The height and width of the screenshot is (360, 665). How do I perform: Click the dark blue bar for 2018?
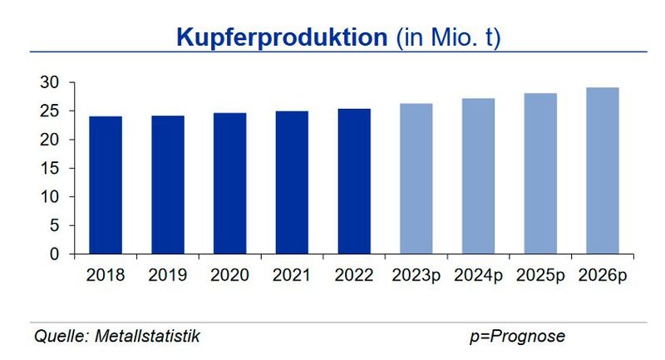point(106,185)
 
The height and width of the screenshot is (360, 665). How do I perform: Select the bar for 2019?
point(168,185)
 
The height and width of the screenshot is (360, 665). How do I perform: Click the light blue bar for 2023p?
point(416,179)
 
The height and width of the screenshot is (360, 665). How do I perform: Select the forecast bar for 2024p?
point(478,176)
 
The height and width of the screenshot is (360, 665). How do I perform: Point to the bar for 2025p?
point(540,173)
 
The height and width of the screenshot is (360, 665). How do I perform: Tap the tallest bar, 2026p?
point(602,170)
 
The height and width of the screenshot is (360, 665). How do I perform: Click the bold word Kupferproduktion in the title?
point(282,37)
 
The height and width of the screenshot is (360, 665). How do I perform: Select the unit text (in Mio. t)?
point(448,37)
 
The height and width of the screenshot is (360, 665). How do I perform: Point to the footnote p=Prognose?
point(516,337)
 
